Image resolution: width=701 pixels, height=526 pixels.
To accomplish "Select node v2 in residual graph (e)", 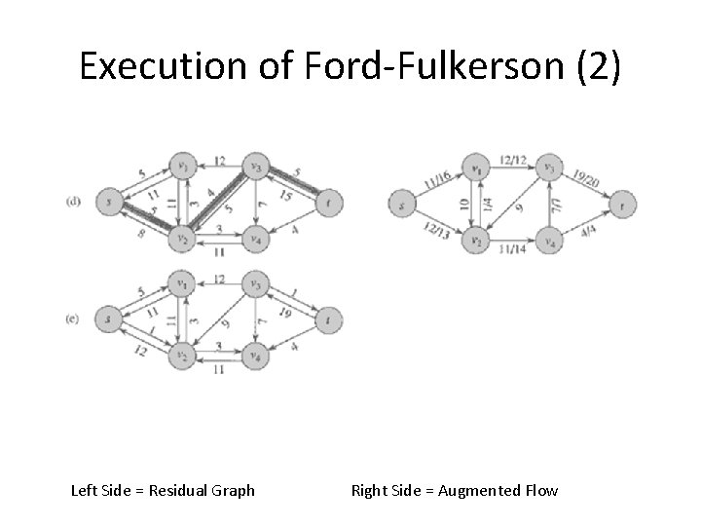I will tap(180, 357).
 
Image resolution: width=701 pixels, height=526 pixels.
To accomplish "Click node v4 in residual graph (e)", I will tap(254, 357).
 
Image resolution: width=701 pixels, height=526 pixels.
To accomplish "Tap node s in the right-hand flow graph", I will tap(400, 205).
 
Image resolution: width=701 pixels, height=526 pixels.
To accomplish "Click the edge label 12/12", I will tap(511, 159).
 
